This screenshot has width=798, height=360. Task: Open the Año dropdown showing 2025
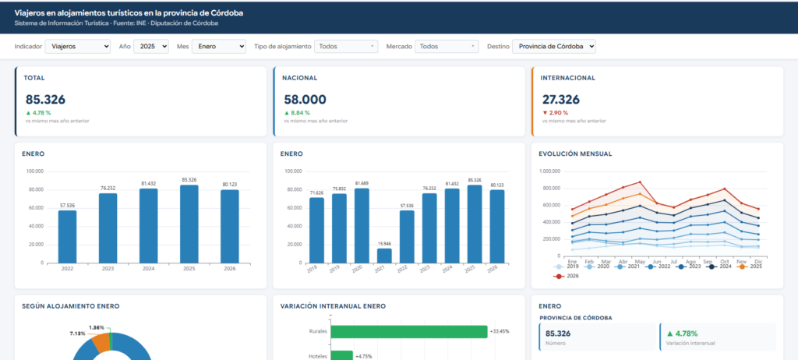click(150, 46)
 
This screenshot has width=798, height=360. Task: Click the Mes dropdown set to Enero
click(219, 46)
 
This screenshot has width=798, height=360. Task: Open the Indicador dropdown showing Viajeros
click(78, 46)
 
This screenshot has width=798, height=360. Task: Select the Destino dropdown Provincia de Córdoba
click(554, 46)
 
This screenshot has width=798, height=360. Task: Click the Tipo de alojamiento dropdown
click(346, 46)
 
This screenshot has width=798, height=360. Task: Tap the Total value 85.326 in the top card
click(45, 100)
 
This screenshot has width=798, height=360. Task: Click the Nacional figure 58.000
click(305, 100)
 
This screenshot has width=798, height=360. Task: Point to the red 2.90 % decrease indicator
click(555, 112)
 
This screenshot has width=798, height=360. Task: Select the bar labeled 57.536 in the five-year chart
click(67, 237)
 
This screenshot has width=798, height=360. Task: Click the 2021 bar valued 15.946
click(385, 256)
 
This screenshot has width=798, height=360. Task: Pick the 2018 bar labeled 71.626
click(316, 230)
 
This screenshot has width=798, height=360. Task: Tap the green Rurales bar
click(409, 331)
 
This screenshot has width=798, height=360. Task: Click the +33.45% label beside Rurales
click(500, 331)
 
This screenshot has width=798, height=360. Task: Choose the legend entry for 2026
click(566, 276)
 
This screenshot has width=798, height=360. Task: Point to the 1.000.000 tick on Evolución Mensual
click(549, 171)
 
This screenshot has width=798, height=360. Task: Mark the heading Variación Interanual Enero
click(333, 306)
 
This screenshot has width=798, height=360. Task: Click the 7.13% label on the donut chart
click(78, 334)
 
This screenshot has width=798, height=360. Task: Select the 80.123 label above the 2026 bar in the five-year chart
click(230, 185)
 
